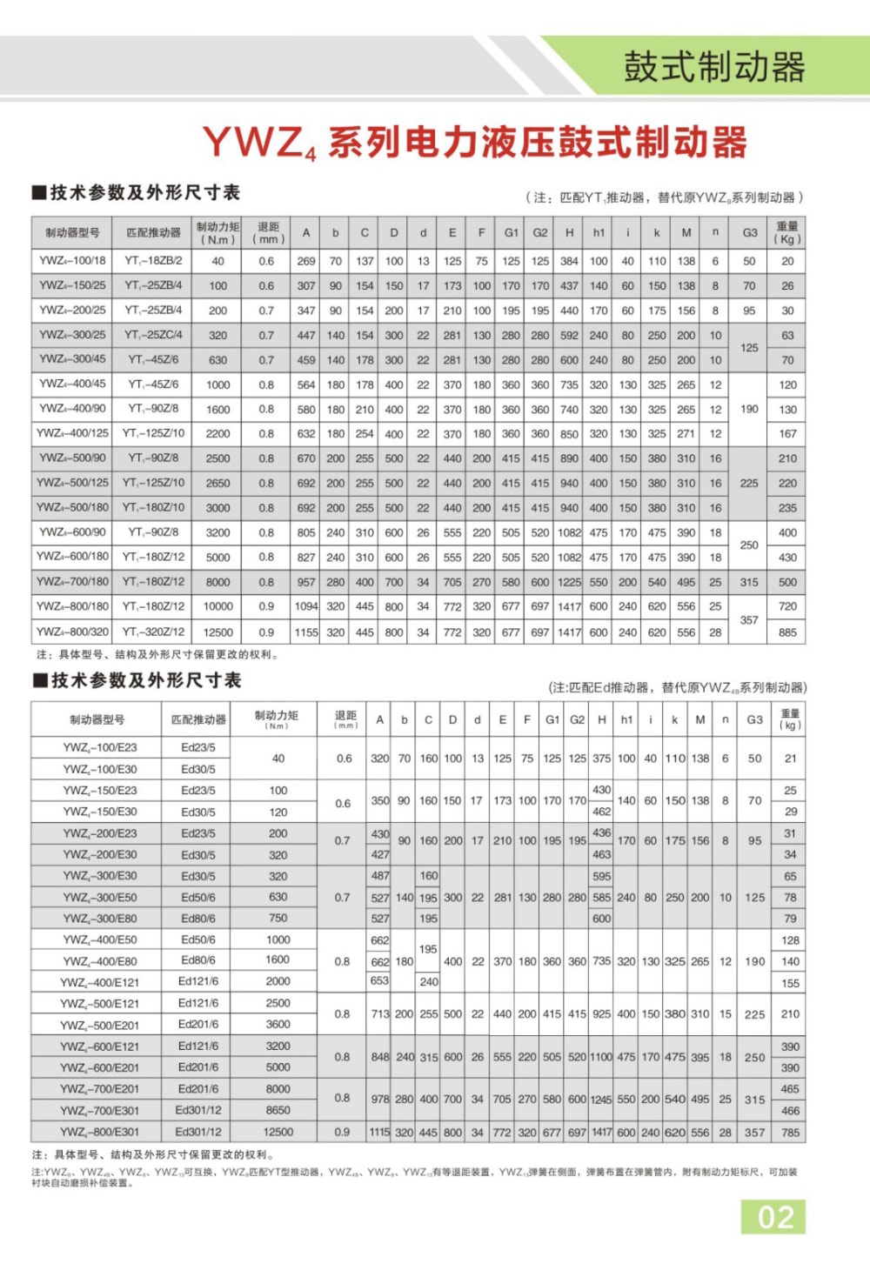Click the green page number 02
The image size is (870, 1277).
pyautogui.click(x=774, y=1217)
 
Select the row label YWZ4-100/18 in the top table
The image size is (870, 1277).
pyautogui.click(x=72, y=260)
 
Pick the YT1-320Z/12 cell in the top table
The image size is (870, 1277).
pyautogui.click(x=153, y=632)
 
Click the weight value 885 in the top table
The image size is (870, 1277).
pyautogui.click(x=787, y=632)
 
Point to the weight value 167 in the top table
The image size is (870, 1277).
pyautogui.click(x=787, y=433)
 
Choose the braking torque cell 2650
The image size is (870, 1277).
pyautogui.click(x=217, y=483)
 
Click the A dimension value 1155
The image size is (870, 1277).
pyautogui.click(x=306, y=632)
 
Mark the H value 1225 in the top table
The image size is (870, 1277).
pyautogui.click(x=569, y=582)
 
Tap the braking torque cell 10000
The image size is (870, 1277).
pyautogui.click(x=217, y=606)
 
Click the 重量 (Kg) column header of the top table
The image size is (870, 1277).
pyautogui.click(x=787, y=232)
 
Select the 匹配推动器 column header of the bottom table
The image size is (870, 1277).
pyautogui.click(x=198, y=719)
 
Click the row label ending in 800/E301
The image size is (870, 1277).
pyautogui.click(x=98, y=1132)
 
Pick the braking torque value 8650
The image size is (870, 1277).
pyautogui.click(x=278, y=1110)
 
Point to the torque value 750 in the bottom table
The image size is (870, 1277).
pyautogui.click(x=278, y=918)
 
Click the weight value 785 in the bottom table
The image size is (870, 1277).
pyautogui.click(x=790, y=1132)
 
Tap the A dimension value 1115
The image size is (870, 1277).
pyautogui.click(x=379, y=1132)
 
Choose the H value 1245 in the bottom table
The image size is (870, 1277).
pyautogui.click(x=601, y=1100)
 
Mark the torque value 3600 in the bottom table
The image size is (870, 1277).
pyautogui.click(x=278, y=1025)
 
